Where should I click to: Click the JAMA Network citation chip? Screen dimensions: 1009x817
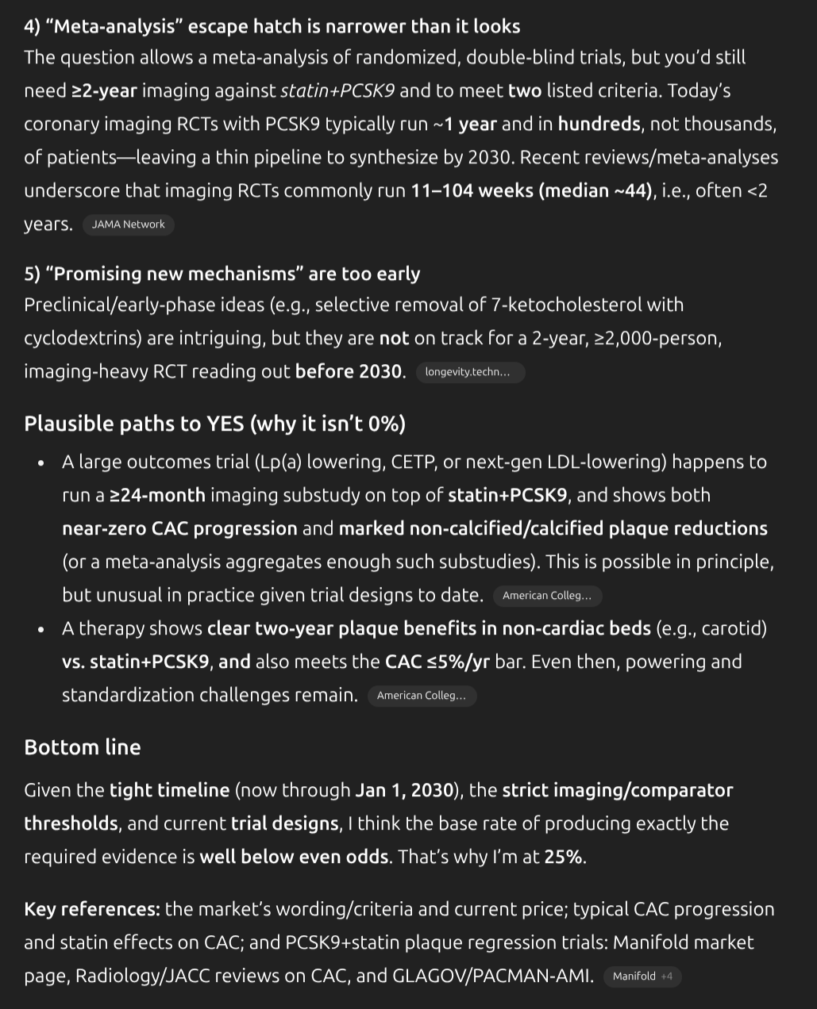click(x=128, y=224)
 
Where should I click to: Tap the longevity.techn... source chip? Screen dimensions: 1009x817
click(x=468, y=372)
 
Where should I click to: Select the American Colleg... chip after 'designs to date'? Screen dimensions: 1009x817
click(x=546, y=596)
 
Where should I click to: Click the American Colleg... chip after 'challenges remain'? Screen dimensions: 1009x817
click(x=421, y=696)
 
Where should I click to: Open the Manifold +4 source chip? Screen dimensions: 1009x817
click(x=642, y=976)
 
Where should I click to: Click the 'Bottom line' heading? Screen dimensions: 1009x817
click(x=83, y=747)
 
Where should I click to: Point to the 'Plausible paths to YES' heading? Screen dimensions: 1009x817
click(x=214, y=424)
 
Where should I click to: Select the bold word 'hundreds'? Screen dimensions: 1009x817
click(x=599, y=124)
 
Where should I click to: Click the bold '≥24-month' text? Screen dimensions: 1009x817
click(x=157, y=495)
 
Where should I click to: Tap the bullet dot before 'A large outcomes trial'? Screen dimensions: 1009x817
click(x=40, y=462)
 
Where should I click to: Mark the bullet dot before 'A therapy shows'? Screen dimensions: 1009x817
click(x=40, y=629)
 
